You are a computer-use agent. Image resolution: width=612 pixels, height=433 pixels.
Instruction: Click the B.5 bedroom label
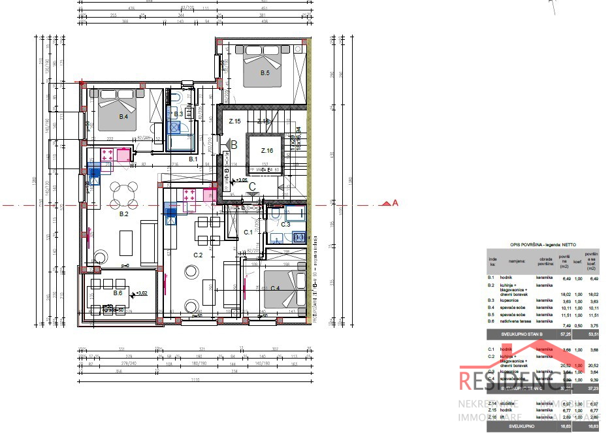[265, 73]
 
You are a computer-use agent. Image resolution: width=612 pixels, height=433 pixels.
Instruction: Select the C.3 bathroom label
[285, 224]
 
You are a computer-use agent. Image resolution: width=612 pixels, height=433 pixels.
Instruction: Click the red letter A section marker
[395, 203]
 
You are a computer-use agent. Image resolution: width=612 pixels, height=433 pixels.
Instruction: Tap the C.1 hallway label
[248, 232]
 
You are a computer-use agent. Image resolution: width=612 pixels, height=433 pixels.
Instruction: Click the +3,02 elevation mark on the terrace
[140, 294]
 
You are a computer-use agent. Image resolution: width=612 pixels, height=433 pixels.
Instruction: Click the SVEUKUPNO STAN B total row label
[521, 334]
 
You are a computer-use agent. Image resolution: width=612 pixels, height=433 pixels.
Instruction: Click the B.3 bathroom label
[178, 114]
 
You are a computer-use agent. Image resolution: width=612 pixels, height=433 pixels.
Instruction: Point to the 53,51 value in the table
[592, 334]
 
